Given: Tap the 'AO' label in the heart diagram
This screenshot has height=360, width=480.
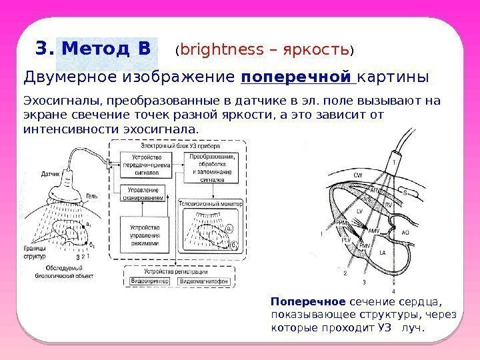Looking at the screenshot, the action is pyautogui.click(x=404, y=231).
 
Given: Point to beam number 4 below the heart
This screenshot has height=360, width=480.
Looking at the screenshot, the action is pyautogui.click(x=393, y=291).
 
